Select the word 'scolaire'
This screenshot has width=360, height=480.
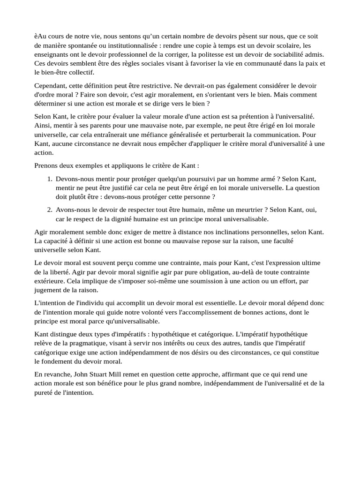coord(287,45)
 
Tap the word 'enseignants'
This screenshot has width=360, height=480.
coord(52,54)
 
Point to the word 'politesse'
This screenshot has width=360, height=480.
coord(214,54)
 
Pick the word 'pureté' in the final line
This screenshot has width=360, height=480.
coord(46,393)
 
